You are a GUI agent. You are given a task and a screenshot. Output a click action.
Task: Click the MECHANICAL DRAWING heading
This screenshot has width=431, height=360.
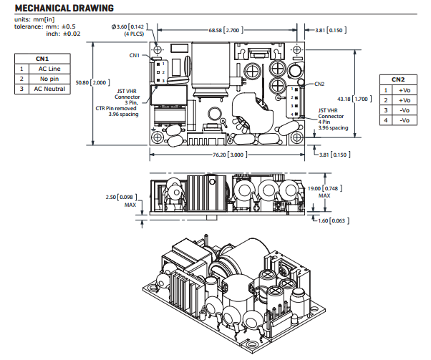(x=58, y=8)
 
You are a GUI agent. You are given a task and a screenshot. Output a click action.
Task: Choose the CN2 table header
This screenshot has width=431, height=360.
(x=398, y=79)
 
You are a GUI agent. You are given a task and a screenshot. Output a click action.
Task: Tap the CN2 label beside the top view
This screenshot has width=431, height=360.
(x=319, y=83)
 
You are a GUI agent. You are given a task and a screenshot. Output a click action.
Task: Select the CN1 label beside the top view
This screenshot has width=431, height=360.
(x=135, y=55)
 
